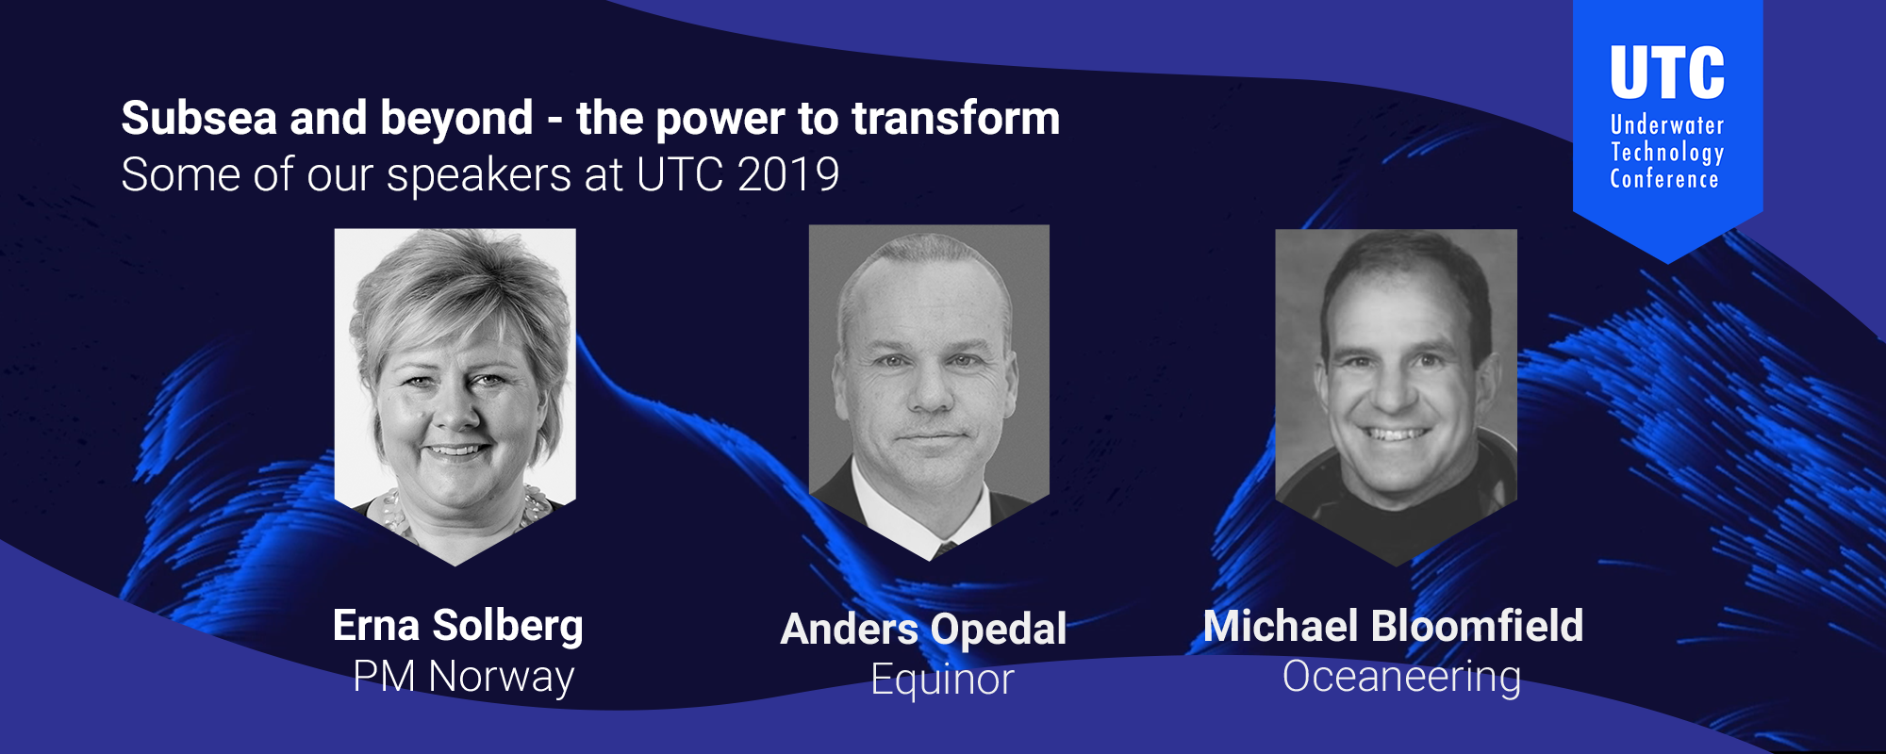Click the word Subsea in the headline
[199, 119]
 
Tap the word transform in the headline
[956, 119]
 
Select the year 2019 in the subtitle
[788, 174]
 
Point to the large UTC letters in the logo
[1667, 73]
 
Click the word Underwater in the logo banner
[1667, 125]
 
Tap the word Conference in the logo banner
[1664, 179]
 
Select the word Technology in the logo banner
[1667, 153]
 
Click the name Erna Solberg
[458, 627]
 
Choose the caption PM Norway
[463, 677]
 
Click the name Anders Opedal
[924, 630]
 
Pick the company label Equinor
[942, 680]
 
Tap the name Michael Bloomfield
[1394, 626]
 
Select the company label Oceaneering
[1401, 677]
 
